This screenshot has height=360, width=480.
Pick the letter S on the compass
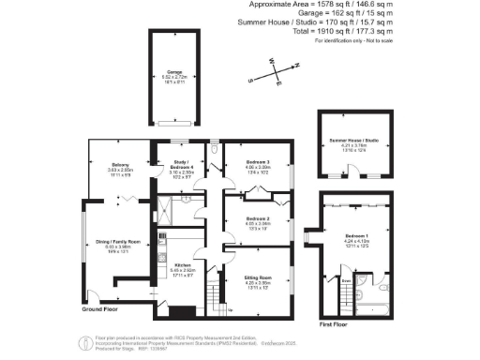250,81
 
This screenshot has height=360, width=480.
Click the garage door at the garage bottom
174,123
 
